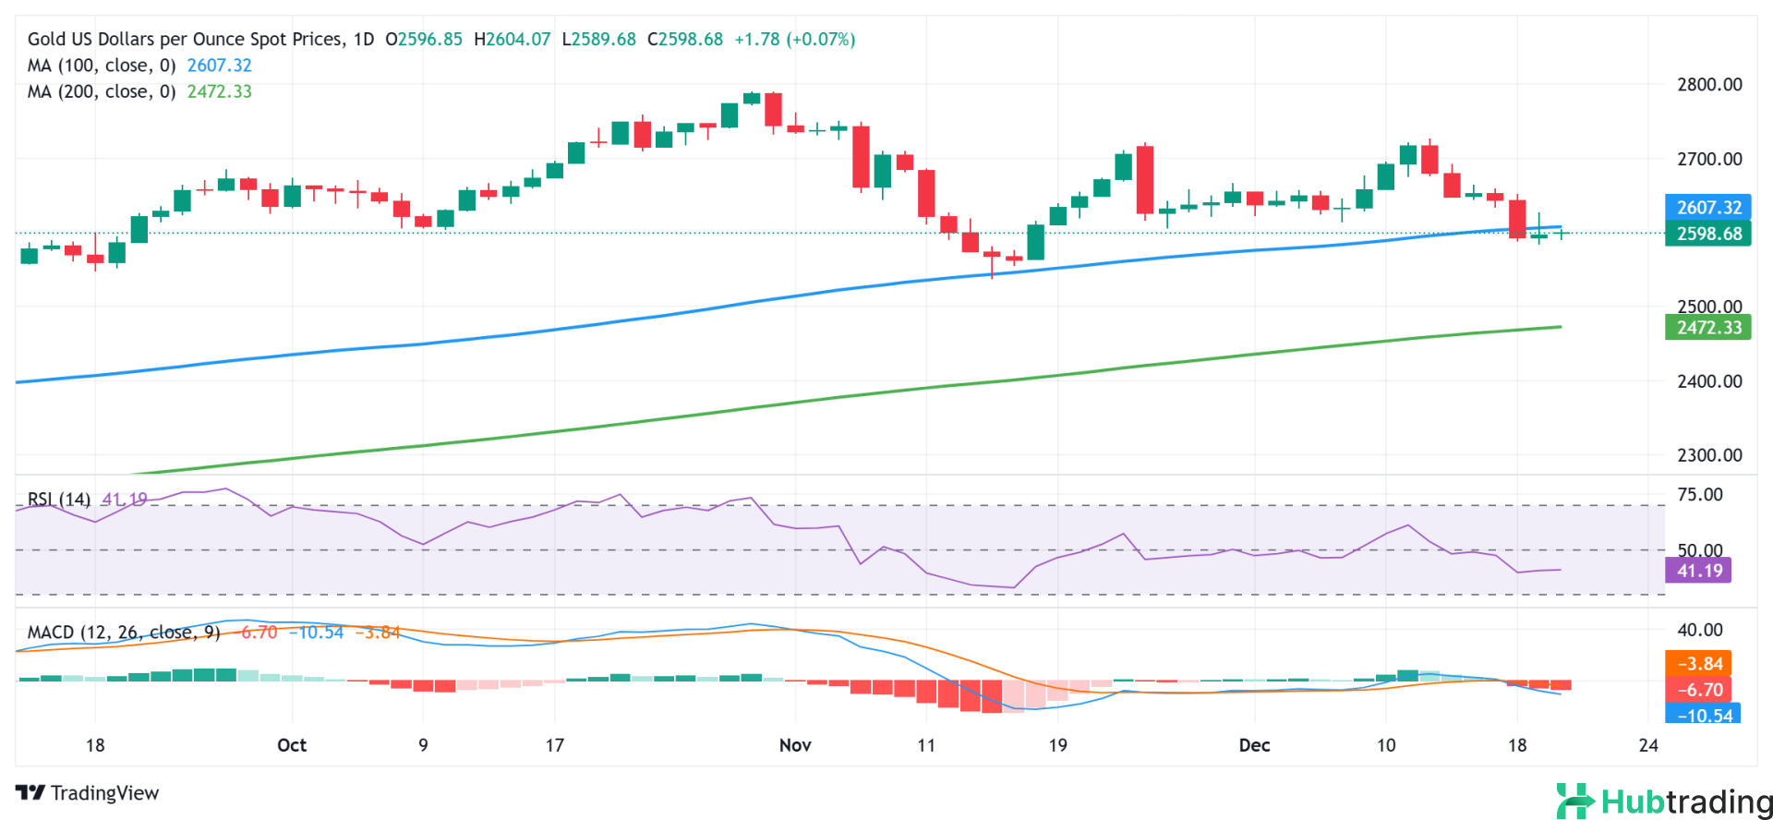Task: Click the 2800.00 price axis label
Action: point(1709,85)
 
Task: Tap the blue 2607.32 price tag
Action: point(1708,208)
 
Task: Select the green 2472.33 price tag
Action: point(1708,328)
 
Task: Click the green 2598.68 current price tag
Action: point(1708,234)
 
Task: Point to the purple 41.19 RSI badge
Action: point(1699,571)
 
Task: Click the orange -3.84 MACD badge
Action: point(1699,664)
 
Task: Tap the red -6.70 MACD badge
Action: point(1699,690)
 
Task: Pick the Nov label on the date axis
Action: point(795,745)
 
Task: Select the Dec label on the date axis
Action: point(1254,745)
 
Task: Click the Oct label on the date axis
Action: point(292,745)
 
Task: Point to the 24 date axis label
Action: point(1648,745)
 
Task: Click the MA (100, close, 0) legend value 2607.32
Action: point(219,66)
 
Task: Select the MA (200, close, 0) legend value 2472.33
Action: point(219,91)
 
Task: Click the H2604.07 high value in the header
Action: point(512,40)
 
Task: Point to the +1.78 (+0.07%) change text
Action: point(794,40)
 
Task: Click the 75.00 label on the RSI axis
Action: point(1699,495)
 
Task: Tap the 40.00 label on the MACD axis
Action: point(1699,630)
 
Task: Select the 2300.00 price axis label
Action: point(1709,455)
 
